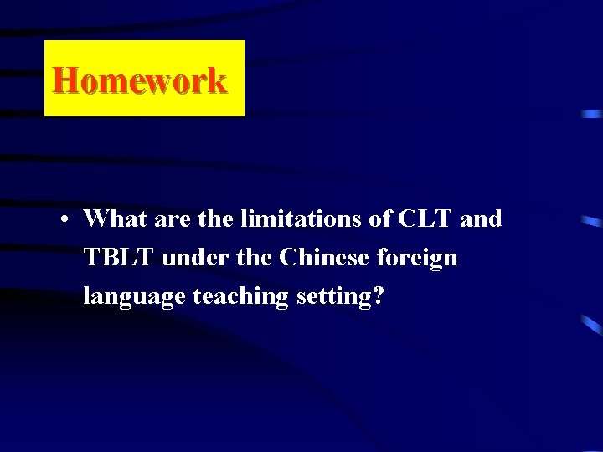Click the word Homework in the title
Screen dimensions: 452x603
[x=140, y=80]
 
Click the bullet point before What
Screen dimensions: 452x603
[x=64, y=220]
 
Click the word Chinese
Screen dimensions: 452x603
[x=324, y=258]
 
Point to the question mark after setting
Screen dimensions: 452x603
[x=379, y=296]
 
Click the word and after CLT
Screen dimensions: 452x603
[x=482, y=219]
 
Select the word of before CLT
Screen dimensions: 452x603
[x=379, y=219]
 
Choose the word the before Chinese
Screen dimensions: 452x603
[x=255, y=258]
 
